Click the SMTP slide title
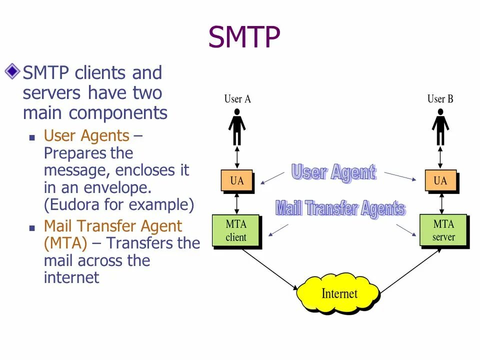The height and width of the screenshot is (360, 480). click(x=244, y=37)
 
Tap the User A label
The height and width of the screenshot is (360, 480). click(x=237, y=99)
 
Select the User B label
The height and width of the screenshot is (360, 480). click(x=440, y=99)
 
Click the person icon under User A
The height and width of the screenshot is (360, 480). click(x=237, y=127)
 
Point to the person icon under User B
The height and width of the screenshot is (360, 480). click(x=440, y=127)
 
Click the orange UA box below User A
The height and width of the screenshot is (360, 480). click(x=237, y=181)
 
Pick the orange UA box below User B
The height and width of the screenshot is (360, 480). click(x=440, y=181)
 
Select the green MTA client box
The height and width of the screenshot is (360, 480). click(x=236, y=230)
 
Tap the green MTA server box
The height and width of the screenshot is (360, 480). click(x=443, y=230)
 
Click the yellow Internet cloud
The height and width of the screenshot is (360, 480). click(x=338, y=293)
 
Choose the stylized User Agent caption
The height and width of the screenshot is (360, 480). click(x=333, y=172)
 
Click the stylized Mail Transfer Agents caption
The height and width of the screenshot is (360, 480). click(x=340, y=208)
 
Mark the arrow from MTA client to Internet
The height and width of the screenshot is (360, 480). click(x=270, y=270)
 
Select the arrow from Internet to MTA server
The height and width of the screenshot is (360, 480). click(x=410, y=270)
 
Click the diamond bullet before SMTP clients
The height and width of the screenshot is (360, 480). click(x=12, y=71)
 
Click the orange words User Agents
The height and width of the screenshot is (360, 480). click(x=86, y=136)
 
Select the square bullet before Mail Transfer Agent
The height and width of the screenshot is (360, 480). click(x=32, y=227)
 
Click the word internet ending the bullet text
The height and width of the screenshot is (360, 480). click(x=71, y=277)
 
